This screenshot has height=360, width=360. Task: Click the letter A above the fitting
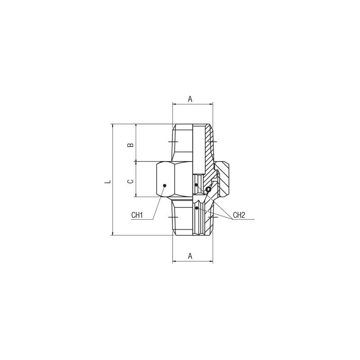(190, 99)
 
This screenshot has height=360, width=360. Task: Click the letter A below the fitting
(190, 256)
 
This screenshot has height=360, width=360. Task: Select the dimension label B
(130, 145)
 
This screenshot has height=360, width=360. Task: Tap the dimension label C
(130, 181)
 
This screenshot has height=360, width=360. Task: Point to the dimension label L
(108, 182)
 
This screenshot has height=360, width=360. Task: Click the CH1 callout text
(137, 215)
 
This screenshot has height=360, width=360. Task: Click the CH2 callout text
(239, 215)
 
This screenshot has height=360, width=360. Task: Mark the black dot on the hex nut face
(164, 185)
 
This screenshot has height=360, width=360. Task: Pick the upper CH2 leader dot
(196, 184)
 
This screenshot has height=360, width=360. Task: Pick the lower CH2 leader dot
(197, 208)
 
